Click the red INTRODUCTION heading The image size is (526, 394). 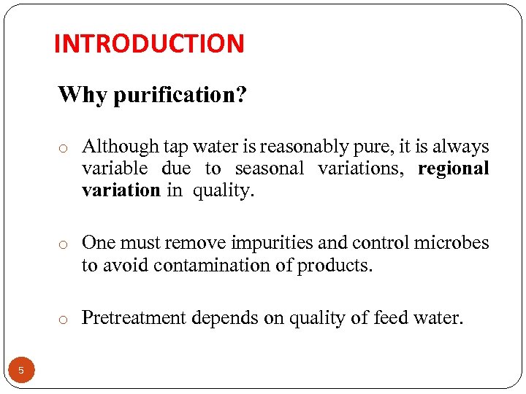pos(149,44)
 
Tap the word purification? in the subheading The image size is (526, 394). pos(179,95)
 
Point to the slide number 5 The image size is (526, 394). pos(21,371)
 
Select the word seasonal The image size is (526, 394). pos(269,169)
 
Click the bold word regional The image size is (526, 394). pos(453,169)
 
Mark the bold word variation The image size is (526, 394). pos(121,190)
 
